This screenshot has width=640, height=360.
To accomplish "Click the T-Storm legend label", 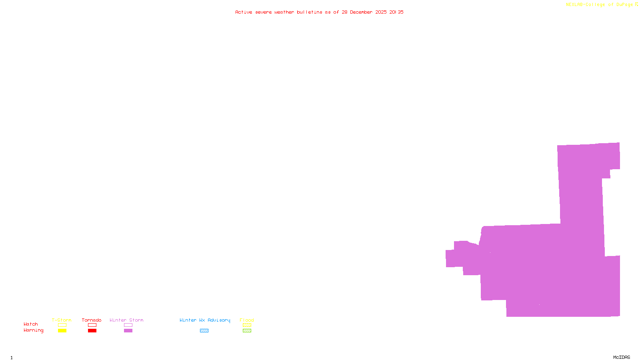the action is [x=62, y=320].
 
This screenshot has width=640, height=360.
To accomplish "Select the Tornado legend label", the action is [x=92, y=320].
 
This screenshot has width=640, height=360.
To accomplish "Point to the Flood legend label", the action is [x=247, y=320].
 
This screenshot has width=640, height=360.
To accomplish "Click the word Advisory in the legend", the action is [x=219, y=320].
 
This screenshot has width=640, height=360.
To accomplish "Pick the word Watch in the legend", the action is [x=31, y=324].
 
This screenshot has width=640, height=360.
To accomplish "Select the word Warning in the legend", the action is [x=34, y=330].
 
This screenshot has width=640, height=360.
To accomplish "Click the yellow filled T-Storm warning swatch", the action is [x=62, y=331].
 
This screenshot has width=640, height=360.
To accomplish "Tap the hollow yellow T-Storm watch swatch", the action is [x=62, y=325].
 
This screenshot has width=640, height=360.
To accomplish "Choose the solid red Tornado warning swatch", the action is [x=92, y=331].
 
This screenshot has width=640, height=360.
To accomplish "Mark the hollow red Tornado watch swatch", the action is [x=92, y=325].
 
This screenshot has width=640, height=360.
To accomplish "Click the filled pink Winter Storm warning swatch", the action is [x=128, y=331].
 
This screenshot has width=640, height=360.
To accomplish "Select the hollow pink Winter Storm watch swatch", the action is [x=128, y=325].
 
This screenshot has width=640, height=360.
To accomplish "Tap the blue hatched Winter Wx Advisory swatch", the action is [x=204, y=331].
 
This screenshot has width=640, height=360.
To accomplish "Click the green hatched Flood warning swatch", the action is [x=247, y=331].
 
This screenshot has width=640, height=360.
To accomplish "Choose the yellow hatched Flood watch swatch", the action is [x=247, y=325].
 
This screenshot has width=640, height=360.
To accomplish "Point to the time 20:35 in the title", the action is [x=396, y=12].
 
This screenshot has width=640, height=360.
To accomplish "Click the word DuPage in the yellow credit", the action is [x=624, y=4].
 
